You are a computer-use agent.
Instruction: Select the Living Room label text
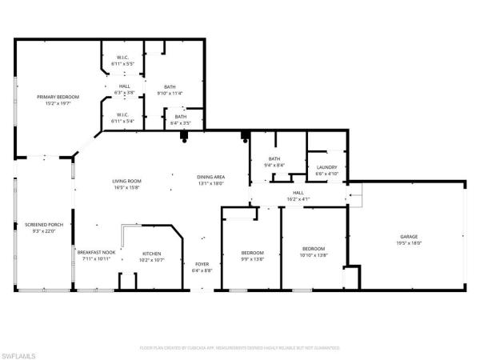126,182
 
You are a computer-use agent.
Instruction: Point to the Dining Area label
210,177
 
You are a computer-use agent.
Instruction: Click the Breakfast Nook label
97,253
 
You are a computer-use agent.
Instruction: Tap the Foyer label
202,263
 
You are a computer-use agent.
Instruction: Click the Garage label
409,238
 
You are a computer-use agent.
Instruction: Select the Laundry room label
326,166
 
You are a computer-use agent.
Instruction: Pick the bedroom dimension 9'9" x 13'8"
253,259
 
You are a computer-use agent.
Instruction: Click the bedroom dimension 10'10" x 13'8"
314,254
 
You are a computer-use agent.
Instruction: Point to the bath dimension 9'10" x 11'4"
170,93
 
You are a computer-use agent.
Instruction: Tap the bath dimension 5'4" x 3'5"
180,124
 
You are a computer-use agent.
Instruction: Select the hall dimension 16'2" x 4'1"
298,198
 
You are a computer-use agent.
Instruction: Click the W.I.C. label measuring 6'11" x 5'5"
122,63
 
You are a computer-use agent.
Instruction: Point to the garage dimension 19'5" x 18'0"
409,244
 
